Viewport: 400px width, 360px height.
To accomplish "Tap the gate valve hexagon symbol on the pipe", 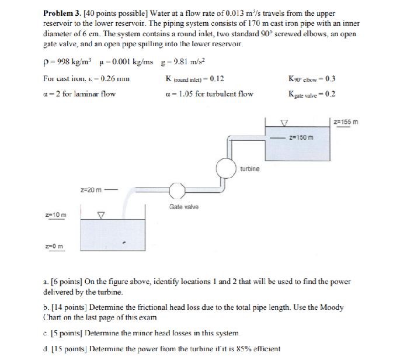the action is point(176,189).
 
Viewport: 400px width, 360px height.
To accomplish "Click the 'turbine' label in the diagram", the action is point(249,169).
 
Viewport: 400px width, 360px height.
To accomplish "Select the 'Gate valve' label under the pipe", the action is point(183,207).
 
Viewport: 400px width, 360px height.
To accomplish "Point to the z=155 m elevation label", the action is point(346,122).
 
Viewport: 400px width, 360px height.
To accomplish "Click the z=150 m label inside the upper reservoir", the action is point(301,137).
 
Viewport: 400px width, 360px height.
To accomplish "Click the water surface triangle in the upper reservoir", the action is point(284,123).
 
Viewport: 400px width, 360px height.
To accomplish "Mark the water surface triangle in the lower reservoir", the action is point(100,215).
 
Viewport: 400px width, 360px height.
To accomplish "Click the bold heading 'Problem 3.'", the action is point(63,13).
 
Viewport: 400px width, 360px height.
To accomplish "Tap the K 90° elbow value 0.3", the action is point(331,79).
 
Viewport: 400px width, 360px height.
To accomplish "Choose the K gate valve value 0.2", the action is point(331,94).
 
